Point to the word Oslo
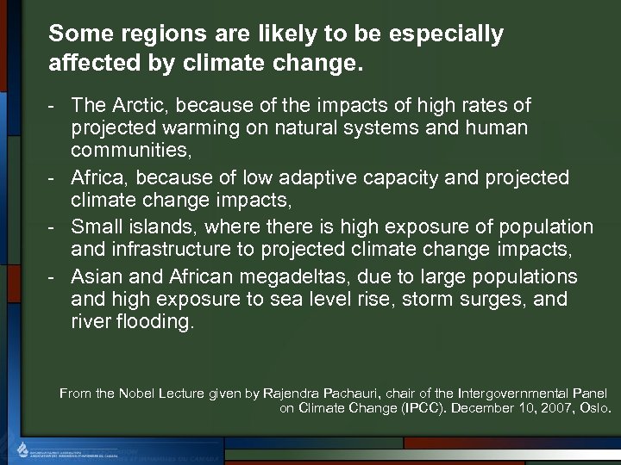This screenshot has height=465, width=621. click(x=594, y=408)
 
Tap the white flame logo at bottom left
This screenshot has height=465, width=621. click(x=23, y=448)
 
